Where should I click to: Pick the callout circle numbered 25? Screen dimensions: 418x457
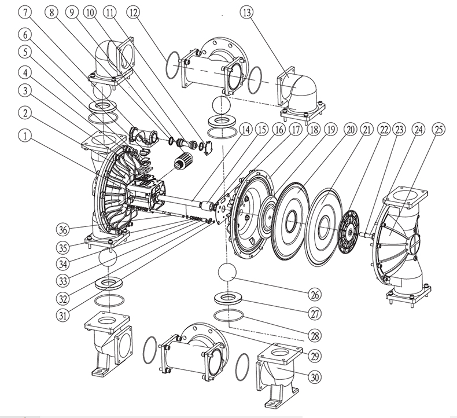(438, 129)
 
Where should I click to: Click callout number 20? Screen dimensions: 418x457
(349, 129)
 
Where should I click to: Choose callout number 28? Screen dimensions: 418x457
(314, 333)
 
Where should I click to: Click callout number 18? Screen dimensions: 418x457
(314, 129)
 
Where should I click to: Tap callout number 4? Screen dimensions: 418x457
(24, 72)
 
